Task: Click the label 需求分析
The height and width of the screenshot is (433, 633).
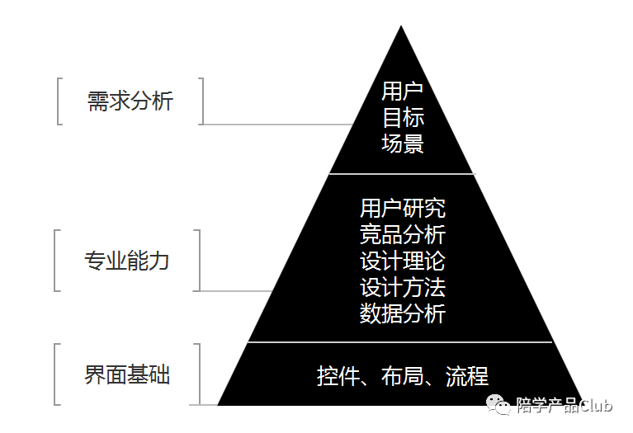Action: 130,101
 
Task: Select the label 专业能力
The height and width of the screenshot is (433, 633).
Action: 127,261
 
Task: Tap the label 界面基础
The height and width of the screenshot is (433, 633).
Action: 127,375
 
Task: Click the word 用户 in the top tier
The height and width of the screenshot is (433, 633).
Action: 403,91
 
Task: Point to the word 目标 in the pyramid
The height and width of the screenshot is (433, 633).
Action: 403,117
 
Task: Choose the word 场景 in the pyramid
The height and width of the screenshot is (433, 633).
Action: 403,144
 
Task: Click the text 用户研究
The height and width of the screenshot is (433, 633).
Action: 403,208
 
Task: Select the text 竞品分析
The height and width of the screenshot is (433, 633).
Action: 403,234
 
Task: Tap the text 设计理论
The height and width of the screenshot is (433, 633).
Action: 403,261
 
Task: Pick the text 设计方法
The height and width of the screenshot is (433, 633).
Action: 403,287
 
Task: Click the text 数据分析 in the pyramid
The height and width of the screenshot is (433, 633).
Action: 403,313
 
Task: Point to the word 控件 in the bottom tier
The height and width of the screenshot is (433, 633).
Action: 339,376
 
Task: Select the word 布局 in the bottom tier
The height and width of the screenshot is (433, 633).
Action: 403,376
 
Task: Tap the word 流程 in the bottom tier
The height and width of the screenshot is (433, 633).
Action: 467,376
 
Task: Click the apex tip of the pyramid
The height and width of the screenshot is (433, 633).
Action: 401,28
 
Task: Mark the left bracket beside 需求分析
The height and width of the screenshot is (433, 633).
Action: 59,101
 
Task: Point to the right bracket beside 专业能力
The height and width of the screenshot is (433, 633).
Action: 199,261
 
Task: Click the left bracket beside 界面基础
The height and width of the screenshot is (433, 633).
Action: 56,375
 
